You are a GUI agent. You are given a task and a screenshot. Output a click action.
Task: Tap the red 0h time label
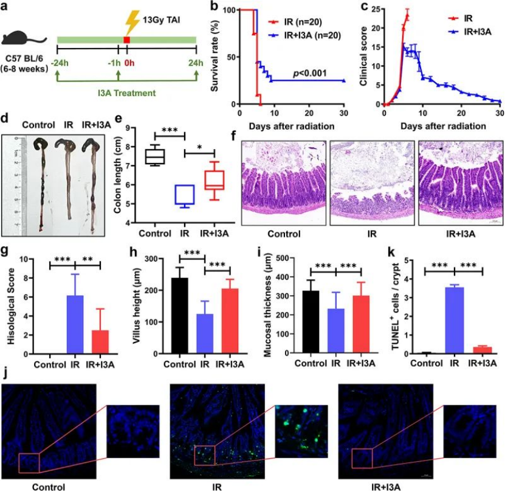pos(128,63)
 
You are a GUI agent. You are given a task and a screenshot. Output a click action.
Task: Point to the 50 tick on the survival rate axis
pos(230,57)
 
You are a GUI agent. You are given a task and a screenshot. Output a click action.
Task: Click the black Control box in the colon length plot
pos(156,156)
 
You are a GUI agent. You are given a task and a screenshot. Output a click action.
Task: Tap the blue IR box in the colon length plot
pos(185,195)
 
